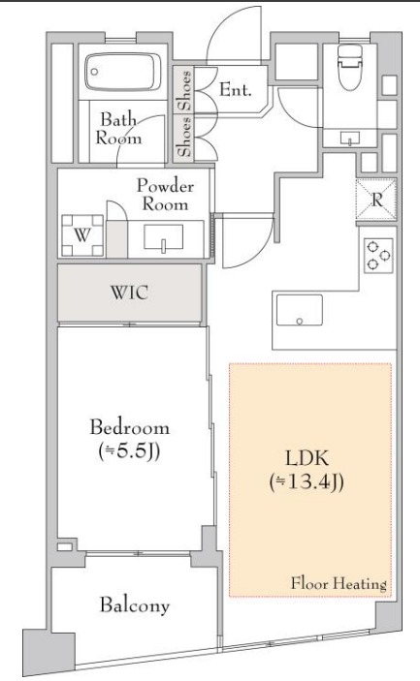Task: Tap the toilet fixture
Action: pos(351,67)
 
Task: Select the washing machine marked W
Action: pos(82,235)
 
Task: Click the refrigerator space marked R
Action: pos(376,200)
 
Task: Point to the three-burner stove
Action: pos(378,256)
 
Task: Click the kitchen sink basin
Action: pos(300,310)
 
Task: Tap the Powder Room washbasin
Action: pos(164,237)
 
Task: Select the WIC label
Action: pos(129,292)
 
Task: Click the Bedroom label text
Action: pos(129,427)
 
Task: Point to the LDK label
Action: pos(307,458)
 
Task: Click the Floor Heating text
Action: pos(339,583)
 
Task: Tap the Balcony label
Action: pos(135,605)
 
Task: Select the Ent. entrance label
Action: pos(235,89)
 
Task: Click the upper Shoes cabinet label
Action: pos(185,90)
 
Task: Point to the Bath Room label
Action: pos(118,129)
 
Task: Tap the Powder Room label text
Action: pos(165,195)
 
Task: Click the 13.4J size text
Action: pos(307,481)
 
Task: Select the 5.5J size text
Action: pos(129,450)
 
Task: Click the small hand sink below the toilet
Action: pos(350,139)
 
